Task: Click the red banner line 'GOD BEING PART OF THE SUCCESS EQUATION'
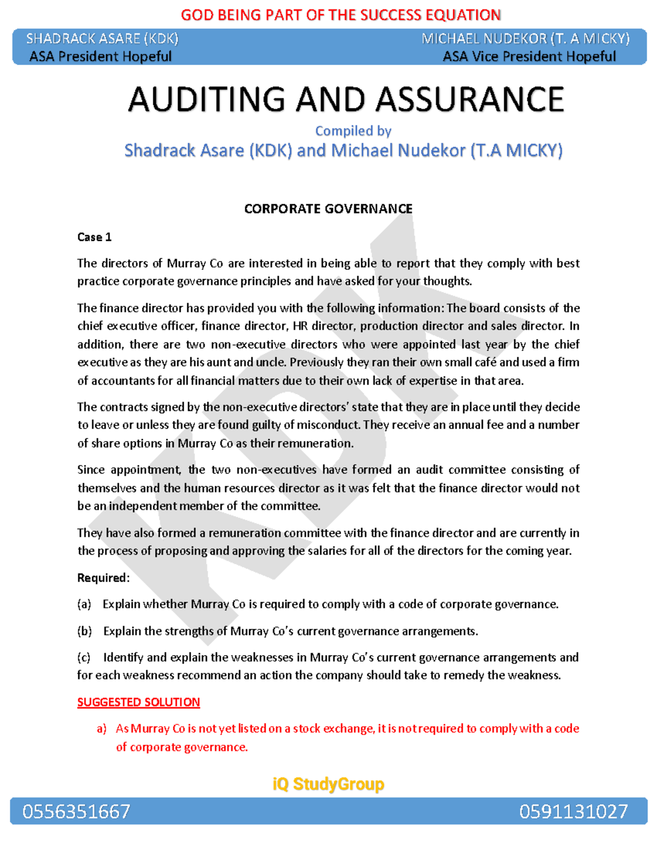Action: tap(341, 15)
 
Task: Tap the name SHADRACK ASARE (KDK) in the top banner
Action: tap(102, 39)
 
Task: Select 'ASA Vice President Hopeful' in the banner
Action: tap(529, 56)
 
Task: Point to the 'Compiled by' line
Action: tap(353, 131)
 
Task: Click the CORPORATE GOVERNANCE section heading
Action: tap(328, 209)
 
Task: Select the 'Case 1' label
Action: tap(94, 237)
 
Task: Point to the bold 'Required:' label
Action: tap(103, 578)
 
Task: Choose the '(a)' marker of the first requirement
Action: tap(84, 604)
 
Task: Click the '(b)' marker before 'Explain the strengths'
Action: tap(84, 631)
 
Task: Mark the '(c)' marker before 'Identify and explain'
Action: tap(84, 657)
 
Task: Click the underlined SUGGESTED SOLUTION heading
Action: tap(139, 702)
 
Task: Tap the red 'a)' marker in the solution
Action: tap(101, 728)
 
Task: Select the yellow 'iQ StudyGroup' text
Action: tap(328, 784)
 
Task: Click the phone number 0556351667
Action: tap(76, 811)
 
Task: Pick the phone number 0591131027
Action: tap(573, 811)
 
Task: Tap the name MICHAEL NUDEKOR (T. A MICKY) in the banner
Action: tap(525, 39)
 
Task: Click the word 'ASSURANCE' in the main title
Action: tap(469, 100)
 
